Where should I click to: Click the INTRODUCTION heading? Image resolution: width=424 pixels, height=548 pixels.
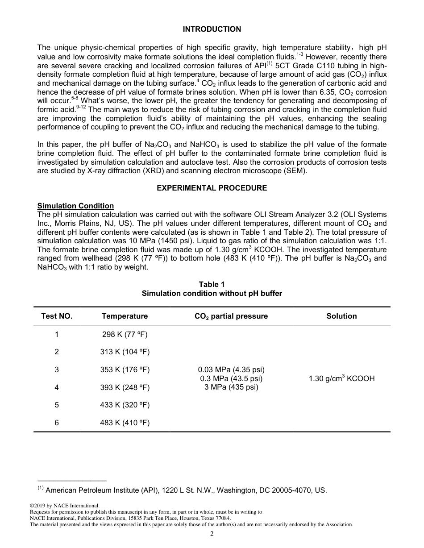[212, 29]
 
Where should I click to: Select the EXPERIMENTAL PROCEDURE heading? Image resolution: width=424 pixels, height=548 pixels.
[212, 188]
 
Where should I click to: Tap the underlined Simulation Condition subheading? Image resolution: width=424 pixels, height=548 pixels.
[75, 206]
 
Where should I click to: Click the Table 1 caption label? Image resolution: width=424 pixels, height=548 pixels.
[212, 284]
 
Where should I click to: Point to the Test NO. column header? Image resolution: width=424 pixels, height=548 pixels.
[57, 316]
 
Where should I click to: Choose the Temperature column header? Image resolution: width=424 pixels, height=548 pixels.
[125, 316]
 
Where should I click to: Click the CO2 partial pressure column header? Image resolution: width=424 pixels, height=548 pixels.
[231, 316]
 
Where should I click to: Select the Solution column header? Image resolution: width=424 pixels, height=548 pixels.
[341, 316]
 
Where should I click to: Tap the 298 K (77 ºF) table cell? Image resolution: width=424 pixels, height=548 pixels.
[125, 334]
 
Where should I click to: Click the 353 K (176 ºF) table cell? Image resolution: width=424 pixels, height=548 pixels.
[125, 369]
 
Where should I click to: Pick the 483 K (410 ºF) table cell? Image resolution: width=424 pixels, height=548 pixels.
[125, 423]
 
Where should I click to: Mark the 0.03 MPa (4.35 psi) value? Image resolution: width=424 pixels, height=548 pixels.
[231, 369]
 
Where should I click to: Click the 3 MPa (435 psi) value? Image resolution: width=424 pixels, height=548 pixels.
[231, 387]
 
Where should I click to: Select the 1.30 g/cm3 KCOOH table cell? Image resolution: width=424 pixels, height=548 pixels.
[341, 378]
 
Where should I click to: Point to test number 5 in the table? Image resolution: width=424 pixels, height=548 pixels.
[57, 405]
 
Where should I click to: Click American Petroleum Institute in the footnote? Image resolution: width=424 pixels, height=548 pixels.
[103, 490]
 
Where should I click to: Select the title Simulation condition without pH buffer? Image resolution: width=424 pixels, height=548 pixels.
[212, 293]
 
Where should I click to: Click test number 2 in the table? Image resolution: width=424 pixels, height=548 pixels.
[57, 352]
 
